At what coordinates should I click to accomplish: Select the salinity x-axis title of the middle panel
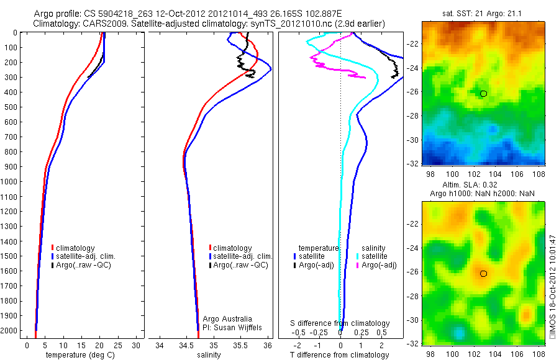tap(209, 355)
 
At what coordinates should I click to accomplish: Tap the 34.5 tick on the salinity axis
tap(186, 345)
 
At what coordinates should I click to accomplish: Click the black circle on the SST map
tap(483, 94)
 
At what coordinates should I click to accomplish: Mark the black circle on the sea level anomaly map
tap(483, 274)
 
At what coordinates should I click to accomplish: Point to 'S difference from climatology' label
tap(340, 323)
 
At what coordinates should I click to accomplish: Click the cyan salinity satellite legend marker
tap(358, 256)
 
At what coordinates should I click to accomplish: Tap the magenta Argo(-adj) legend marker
tap(358, 265)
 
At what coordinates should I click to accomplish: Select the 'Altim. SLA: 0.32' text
tap(483, 186)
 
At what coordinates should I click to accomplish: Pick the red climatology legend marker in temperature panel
tap(52, 248)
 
